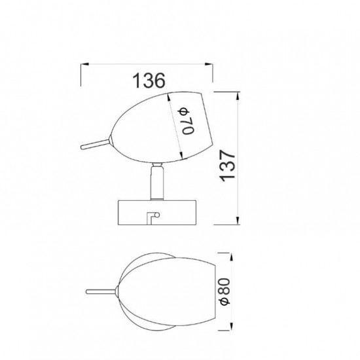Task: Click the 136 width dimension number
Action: coord(149,81)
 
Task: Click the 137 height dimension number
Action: coord(228,166)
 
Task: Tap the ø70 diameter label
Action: coord(187,121)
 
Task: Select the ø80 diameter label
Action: coord(225,291)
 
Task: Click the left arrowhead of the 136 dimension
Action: coord(84,64)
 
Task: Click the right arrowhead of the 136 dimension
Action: coord(209,64)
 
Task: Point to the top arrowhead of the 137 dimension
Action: coord(238,96)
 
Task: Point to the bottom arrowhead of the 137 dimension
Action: coord(238,220)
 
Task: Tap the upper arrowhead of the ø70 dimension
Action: coord(169,97)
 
